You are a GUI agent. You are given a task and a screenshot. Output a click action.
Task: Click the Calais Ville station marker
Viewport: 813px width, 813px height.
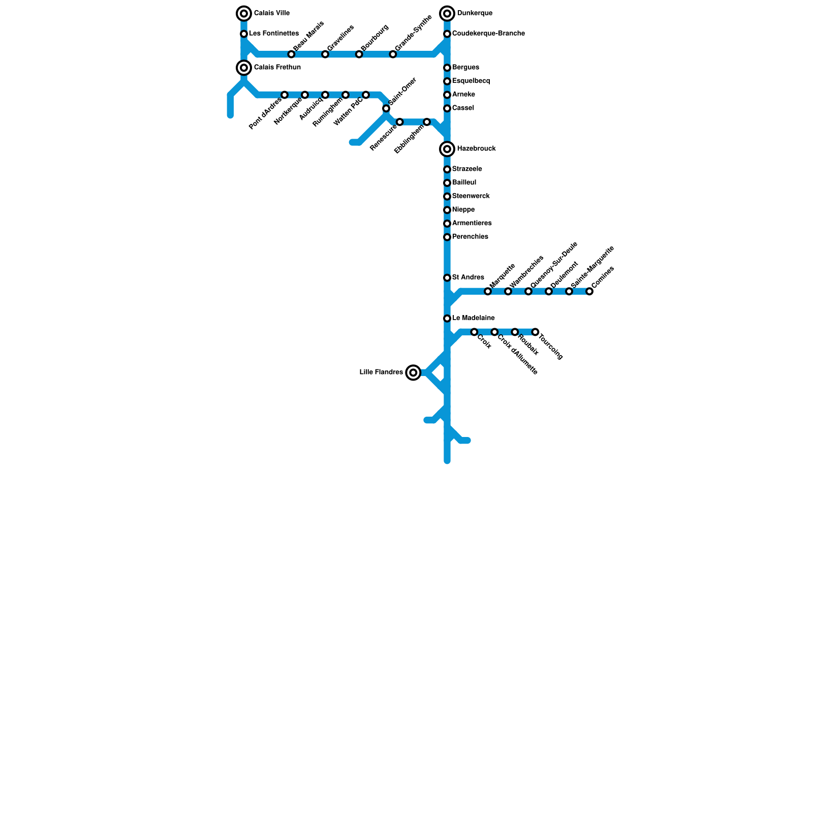244,14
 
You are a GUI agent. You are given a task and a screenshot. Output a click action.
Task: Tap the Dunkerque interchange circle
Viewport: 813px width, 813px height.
447,14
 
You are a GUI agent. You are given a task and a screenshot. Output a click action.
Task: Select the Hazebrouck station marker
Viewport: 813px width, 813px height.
447,149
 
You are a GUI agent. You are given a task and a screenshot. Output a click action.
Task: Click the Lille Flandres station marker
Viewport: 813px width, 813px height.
414,373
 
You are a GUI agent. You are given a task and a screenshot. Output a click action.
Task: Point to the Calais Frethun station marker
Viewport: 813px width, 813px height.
244,68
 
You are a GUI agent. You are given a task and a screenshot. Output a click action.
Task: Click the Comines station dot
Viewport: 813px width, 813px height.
589,291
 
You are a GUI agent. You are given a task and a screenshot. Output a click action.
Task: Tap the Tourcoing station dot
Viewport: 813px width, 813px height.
535,332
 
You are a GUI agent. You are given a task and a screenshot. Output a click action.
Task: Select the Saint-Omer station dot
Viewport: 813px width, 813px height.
386,108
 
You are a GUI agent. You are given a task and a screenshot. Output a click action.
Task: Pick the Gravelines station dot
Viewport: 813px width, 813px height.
325,54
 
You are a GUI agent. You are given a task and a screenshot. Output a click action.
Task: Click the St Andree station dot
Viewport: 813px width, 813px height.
447,278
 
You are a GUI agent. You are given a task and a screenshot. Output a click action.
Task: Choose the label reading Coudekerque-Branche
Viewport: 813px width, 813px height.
488,34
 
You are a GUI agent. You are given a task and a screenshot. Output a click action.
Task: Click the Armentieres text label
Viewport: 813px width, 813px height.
472,223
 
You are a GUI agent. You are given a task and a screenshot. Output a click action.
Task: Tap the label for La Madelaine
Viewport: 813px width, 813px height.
473,318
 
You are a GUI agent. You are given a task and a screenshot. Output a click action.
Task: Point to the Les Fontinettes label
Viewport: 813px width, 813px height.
274,34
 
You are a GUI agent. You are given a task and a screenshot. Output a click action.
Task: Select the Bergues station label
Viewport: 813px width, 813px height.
465,68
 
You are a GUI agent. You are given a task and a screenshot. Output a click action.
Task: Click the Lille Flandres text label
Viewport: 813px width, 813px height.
381,372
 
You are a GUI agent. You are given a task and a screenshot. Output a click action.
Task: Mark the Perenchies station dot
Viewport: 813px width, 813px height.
447,237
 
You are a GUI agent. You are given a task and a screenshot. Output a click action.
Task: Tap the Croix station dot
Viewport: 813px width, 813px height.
474,332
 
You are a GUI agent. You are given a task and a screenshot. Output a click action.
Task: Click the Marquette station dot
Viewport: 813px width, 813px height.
488,291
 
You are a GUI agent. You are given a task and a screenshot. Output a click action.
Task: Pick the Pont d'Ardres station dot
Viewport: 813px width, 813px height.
285,95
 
